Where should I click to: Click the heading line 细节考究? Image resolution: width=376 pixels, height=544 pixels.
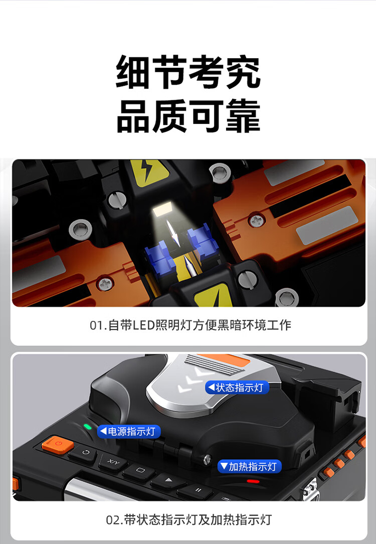tap(188, 72)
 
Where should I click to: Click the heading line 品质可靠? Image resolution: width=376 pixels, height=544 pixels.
tap(188, 115)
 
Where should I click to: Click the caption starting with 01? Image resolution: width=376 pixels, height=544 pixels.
tap(191, 325)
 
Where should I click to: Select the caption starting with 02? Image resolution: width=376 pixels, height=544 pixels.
tap(189, 520)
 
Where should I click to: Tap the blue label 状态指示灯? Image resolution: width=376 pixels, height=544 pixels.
tap(237, 387)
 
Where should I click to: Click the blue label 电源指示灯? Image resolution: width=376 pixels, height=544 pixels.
tap(129, 431)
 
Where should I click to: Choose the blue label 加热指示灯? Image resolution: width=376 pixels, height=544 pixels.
tap(249, 466)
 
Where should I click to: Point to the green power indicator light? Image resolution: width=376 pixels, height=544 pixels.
tap(88, 427)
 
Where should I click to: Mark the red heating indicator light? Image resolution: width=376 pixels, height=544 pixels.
tap(253, 481)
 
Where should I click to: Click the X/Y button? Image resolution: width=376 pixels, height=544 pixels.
tap(113, 462)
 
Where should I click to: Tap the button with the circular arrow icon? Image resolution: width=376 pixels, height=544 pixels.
tap(85, 453)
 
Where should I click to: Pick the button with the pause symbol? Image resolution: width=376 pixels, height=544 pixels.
tap(198, 490)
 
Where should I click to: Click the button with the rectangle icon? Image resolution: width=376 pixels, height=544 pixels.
tap(140, 471)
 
